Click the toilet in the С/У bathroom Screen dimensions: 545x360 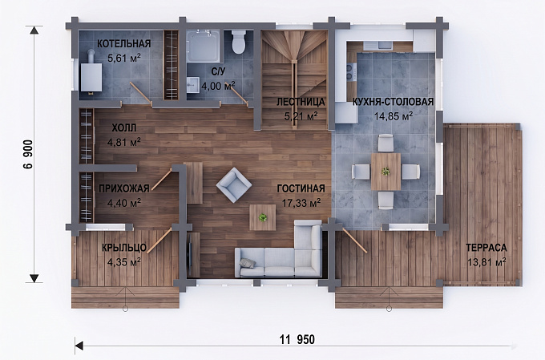pyautogui.click(x=239, y=42)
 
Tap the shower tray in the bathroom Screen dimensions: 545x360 pyautogui.click(x=203, y=47)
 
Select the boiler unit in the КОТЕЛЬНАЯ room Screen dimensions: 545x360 pyautogui.click(x=91, y=77)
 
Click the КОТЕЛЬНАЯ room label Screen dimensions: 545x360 pyautogui.click(x=124, y=43)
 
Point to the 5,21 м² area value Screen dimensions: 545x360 pyautogui.click(x=301, y=115)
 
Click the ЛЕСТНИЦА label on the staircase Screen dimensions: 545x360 pyautogui.click(x=301, y=102)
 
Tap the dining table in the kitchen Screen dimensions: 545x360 pyautogui.click(x=386, y=172)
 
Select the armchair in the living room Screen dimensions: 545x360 pyautogui.click(x=234, y=184)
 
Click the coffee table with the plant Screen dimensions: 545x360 pyautogui.click(x=263, y=217)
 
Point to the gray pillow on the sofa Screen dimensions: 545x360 pyautogui.click(x=248, y=263)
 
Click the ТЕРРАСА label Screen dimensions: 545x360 pyautogui.click(x=486, y=248)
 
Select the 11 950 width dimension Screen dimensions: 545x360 pyautogui.click(x=297, y=339)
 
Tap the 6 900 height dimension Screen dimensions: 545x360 pyautogui.click(x=28, y=154)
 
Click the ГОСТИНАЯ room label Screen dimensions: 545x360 pyautogui.click(x=301, y=188)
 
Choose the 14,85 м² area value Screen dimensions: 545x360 pyautogui.click(x=393, y=115)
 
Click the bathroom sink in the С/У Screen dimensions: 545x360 pyautogui.click(x=193, y=85)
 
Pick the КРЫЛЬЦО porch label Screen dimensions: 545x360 pyautogui.click(x=124, y=248)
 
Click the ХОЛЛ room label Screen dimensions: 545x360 pyautogui.click(x=124, y=128)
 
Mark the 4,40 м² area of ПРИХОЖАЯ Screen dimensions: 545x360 pyautogui.click(x=124, y=203)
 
